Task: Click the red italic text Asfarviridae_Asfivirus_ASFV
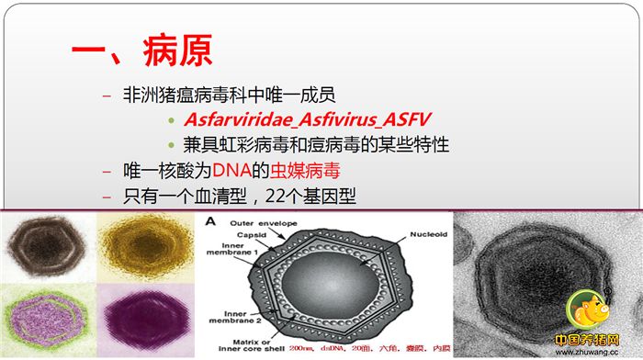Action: click(307, 120)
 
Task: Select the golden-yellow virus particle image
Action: click(148, 244)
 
